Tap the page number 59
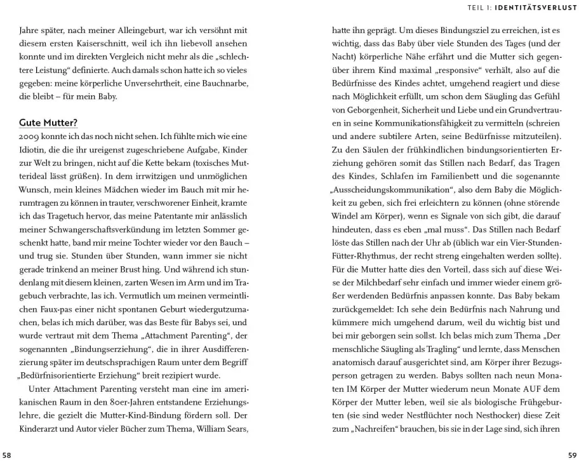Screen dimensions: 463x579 click(x=571, y=455)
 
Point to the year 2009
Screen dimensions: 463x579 click(x=29, y=137)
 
